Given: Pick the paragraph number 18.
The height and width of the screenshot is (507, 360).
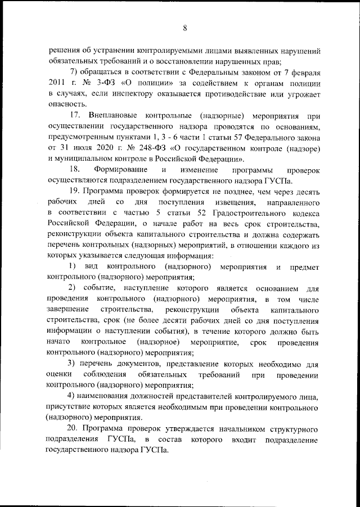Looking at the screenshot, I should (74, 170).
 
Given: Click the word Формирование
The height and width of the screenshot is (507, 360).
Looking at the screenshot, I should (121, 170).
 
